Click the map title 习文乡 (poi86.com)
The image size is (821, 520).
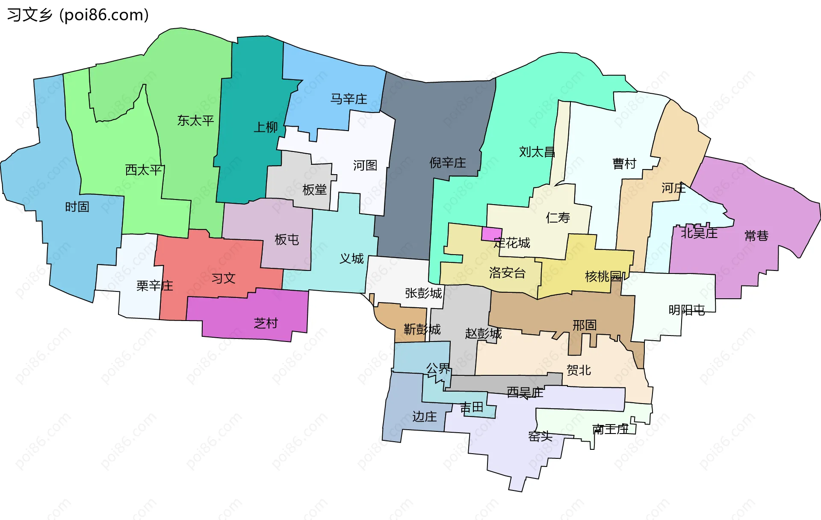(x=78, y=15)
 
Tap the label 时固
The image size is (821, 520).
(x=77, y=207)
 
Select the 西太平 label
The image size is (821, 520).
(x=144, y=170)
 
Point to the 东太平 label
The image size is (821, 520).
(x=195, y=121)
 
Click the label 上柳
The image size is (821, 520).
(x=266, y=127)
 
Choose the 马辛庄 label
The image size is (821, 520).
(x=348, y=99)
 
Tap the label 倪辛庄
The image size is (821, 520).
(x=447, y=163)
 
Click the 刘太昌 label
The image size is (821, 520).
(x=537, y=152)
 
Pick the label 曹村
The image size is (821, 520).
(x=624, y=163)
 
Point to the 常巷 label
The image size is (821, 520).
(x=756, y=236)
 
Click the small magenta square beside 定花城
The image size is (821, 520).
(x=491, y=234)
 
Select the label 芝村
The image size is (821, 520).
(x=266, y=323)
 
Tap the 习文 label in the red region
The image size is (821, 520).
(x=224, y=279)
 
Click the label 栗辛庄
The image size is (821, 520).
(x=154, y=286)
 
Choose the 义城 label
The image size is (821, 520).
(x=351, y=259)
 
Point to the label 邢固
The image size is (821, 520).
(x=585, y=325)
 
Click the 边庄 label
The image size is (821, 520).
(x=425, y=416)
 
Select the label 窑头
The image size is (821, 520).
(x=540, y=437)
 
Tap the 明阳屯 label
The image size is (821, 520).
(x=686, y=310)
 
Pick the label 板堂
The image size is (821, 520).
(x=314, y=190)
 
